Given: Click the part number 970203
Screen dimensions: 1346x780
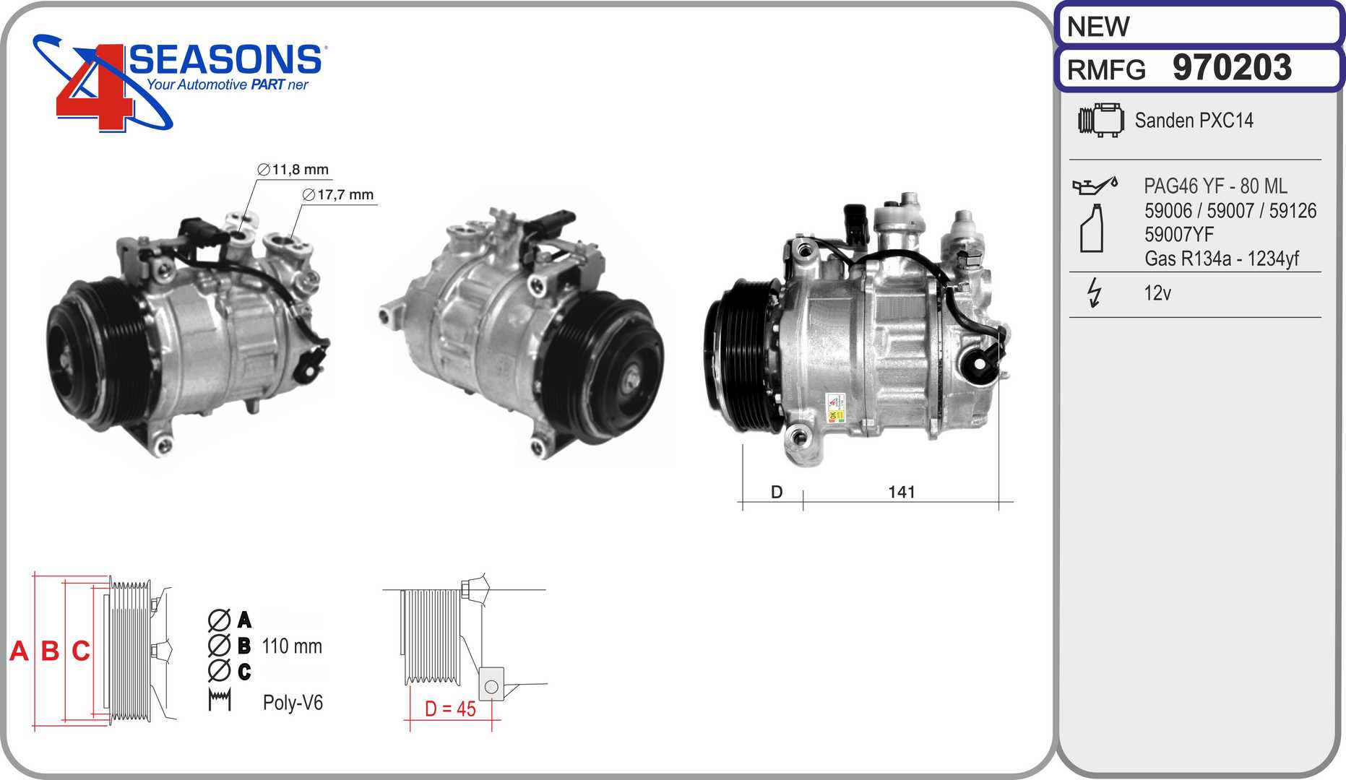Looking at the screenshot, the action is click(x=1232, y=67).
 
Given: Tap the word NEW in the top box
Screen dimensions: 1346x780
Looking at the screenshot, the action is click(x=1098, y=27).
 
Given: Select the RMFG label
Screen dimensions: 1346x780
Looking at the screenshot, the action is click(x=1106, y=70).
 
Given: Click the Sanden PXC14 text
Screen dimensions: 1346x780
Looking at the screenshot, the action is click(x=1194, y=120).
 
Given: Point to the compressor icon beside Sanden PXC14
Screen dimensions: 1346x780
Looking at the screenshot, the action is click(x=1100, y=119).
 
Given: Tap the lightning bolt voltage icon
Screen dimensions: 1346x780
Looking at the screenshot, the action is click(x=1095, y=292).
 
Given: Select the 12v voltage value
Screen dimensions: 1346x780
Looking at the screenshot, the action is click(x=1157, y=292).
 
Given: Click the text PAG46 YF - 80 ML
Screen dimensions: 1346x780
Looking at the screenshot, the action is click(x=1215, y=186).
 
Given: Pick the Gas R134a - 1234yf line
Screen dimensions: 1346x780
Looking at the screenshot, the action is click(x=1222, y=258).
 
